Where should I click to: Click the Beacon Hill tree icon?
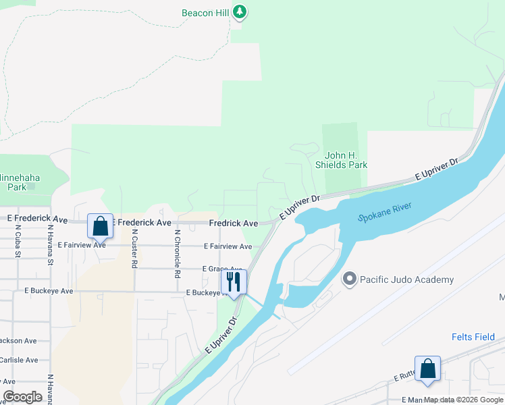coord(240,11)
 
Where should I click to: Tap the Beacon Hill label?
coord(206,13)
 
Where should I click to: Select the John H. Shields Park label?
coord(342,160)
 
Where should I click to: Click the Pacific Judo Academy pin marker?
coord(350,279)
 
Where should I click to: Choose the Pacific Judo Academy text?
coord(406,279)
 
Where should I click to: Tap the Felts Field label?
coord(473,337)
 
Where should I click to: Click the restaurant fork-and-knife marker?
coord(234,282)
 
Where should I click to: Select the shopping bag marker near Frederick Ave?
coord(100,227)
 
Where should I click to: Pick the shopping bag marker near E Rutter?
coord(427,369)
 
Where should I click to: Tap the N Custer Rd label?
coord(135,249)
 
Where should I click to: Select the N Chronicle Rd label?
coord(178,253)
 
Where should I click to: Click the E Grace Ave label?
coord(222,269)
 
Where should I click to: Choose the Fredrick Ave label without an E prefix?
coord(234,223)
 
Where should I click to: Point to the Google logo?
coord(23,397)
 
